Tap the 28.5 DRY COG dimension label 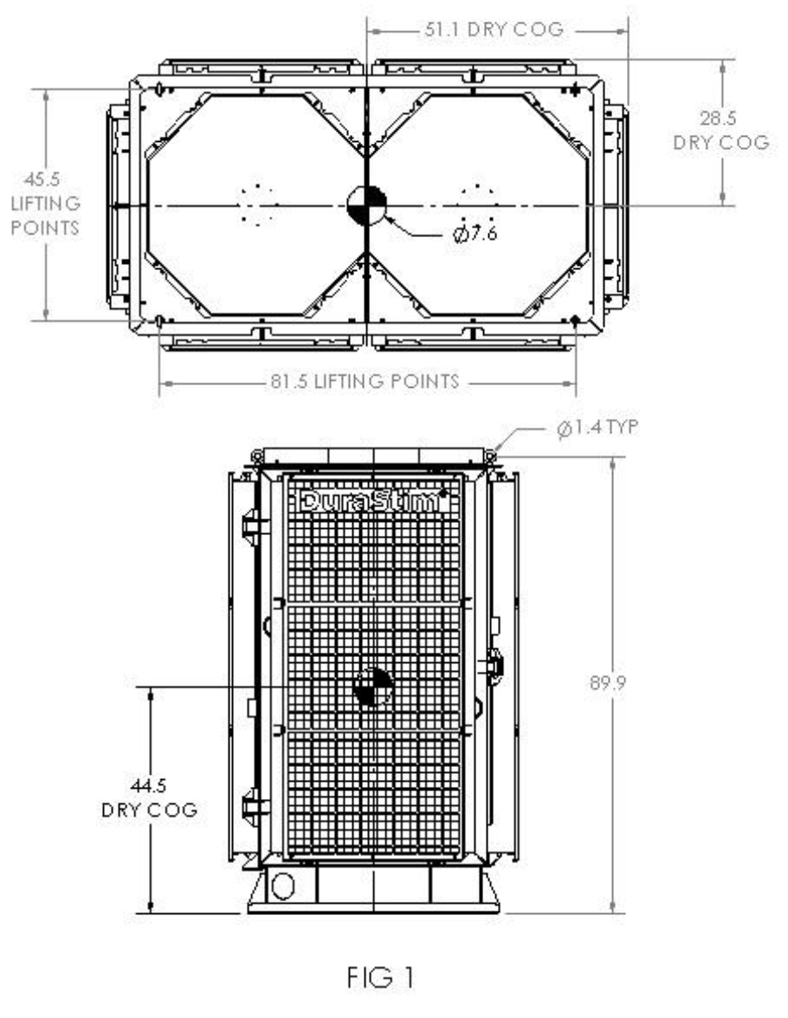coord(720,131)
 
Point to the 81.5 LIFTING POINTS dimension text coord(368,382)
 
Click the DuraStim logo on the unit coord(373,500)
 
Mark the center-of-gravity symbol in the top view coord(366,206)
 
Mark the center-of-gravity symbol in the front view coord(373,687)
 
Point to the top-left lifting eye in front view coord(256,455)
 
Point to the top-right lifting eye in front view coord(491,455)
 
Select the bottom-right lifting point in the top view coord(575,321)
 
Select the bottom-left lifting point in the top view coord(159,321)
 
